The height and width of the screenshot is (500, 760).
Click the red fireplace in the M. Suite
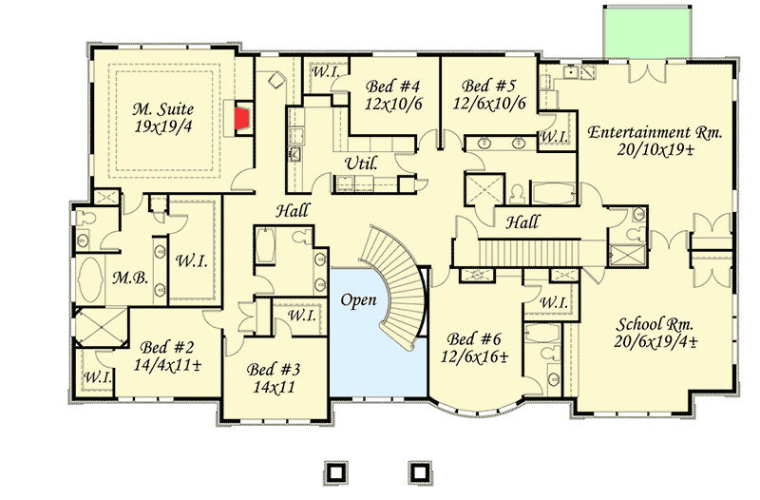(x=243, y=119)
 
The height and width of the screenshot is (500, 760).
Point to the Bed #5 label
(x=489, y=84)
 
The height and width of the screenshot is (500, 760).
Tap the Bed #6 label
(x=476, y=338)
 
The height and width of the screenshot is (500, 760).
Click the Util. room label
(x=362, y=163)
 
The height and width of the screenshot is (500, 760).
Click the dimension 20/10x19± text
(x=655, y=150)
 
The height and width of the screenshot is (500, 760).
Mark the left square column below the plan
(x=334, y=471)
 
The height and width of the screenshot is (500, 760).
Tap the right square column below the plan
(x=416, y=471)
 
